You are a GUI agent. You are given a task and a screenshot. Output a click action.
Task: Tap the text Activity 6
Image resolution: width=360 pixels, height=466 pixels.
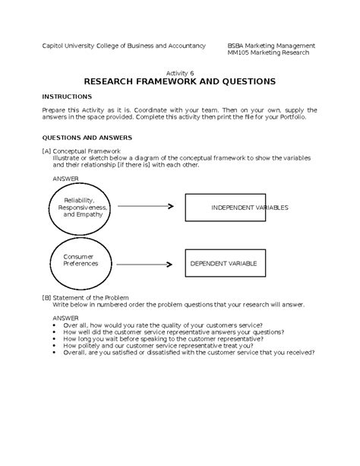(180, 69)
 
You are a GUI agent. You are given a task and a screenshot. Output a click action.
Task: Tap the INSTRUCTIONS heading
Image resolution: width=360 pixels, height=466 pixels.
(67, 97)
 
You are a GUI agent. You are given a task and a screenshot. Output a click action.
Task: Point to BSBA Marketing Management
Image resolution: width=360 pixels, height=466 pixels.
(271, 46)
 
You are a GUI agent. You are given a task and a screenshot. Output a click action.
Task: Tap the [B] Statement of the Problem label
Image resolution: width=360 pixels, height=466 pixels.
(85, 297)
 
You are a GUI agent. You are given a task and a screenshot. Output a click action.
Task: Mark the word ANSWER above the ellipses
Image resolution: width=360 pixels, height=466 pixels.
(65, 178)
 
